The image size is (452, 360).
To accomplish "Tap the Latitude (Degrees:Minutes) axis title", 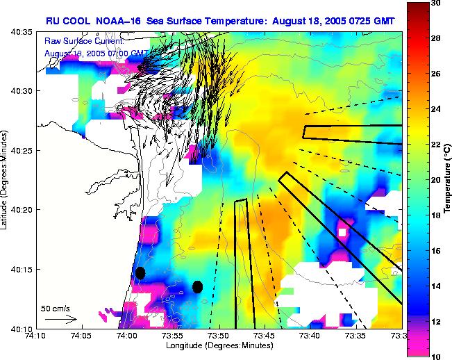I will [x=6, y=179].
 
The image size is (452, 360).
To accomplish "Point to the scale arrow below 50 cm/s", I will [x=61, y=319].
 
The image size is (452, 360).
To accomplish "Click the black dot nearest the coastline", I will [x=140, y=273].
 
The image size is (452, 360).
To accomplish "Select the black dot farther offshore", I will [x=197, y=286].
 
